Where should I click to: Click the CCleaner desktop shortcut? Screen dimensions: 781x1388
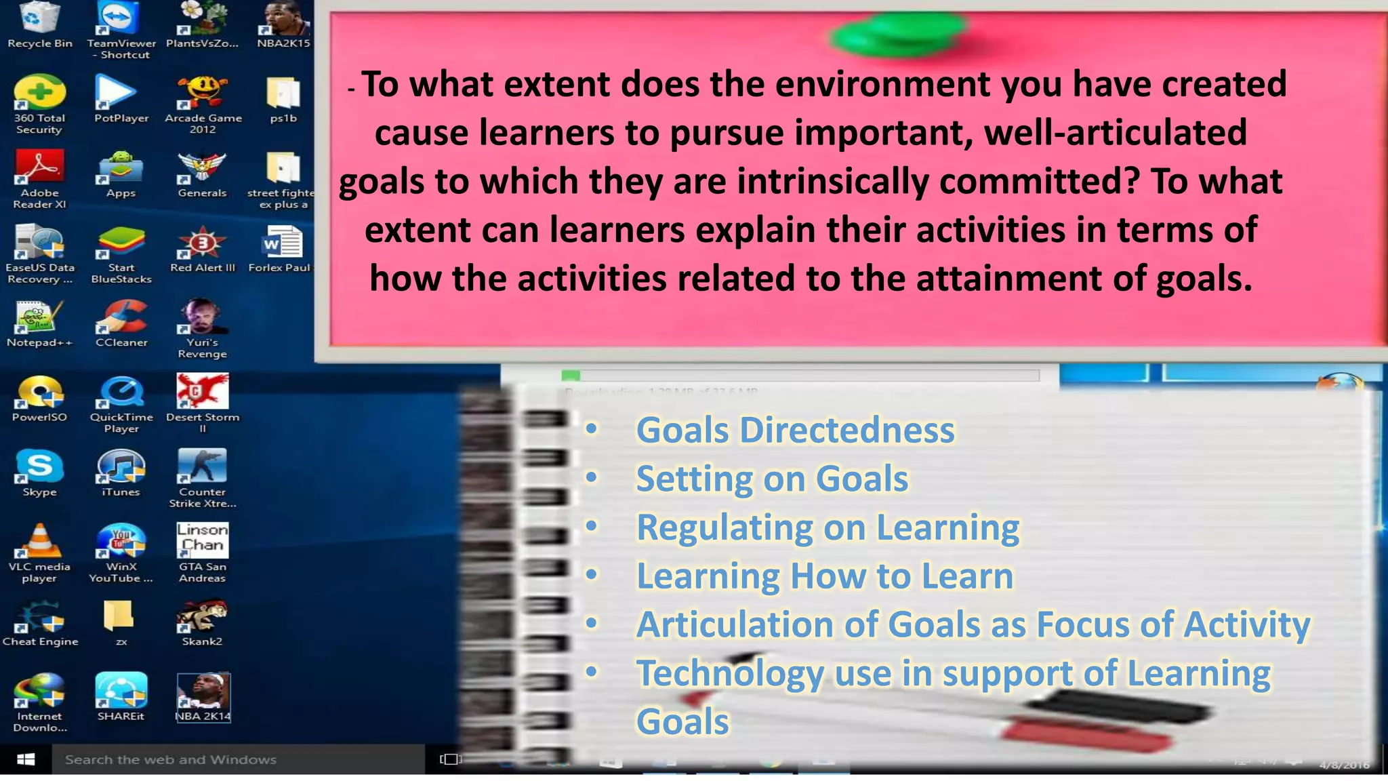[x=121, y=317]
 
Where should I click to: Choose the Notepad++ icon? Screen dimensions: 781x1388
[x=39, y=317]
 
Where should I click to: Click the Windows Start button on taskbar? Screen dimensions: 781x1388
[x=26, y=759]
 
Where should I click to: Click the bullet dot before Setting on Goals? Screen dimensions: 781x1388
[x=592, y=478]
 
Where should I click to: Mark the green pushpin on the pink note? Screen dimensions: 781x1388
[x=898, y=34]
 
